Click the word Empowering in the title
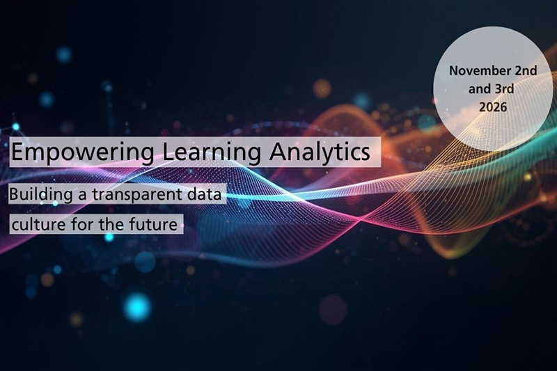[x=66, y=152]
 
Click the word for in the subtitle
[x=84, y=225]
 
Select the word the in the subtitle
[x=116, y=225]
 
